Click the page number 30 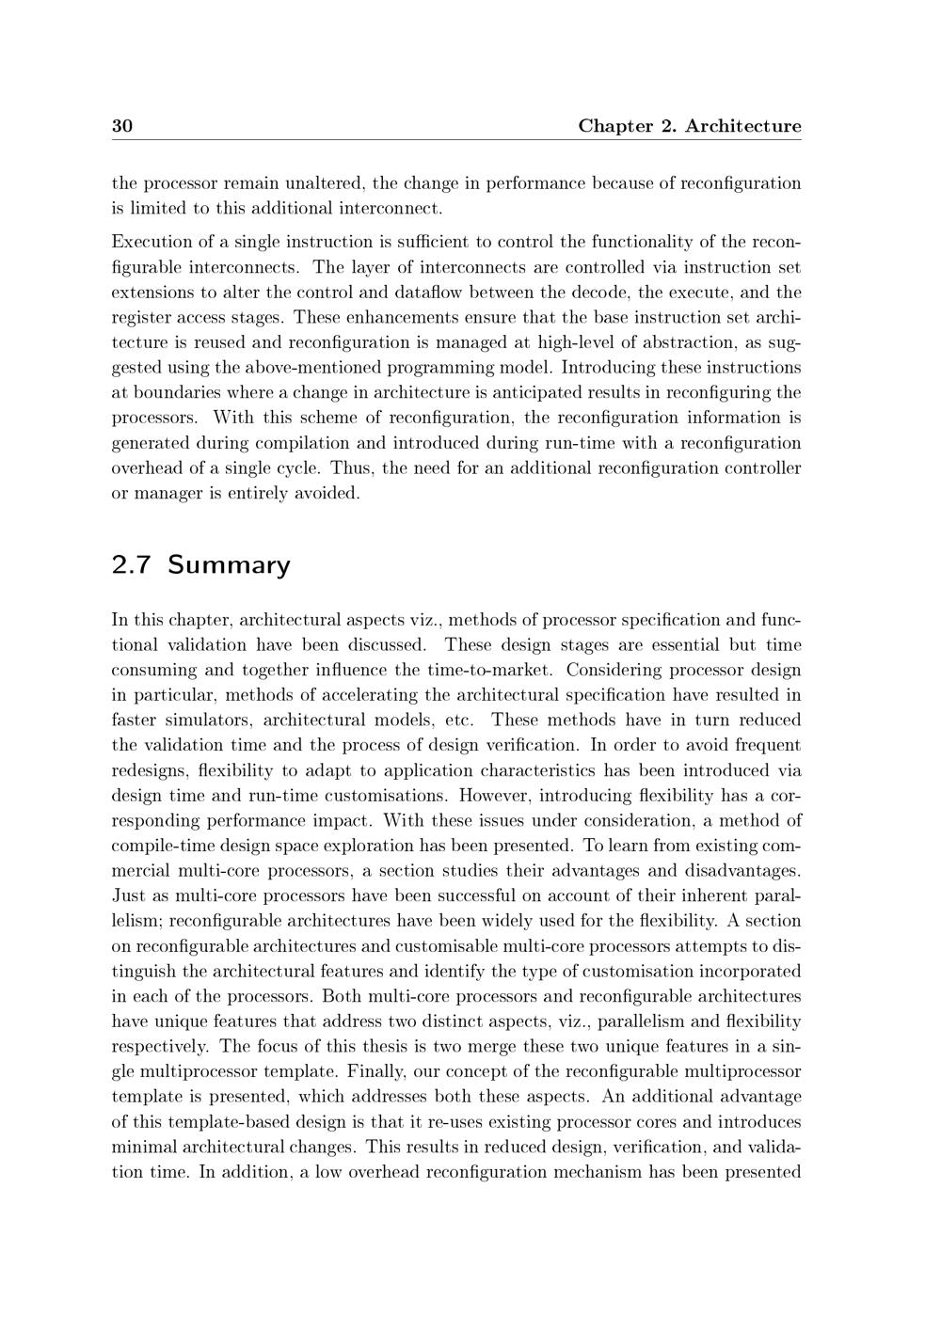point(121,126)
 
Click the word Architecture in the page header point(743,126)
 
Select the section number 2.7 point(131,565)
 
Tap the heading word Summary point(230,565)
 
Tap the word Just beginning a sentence point(127,895)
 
